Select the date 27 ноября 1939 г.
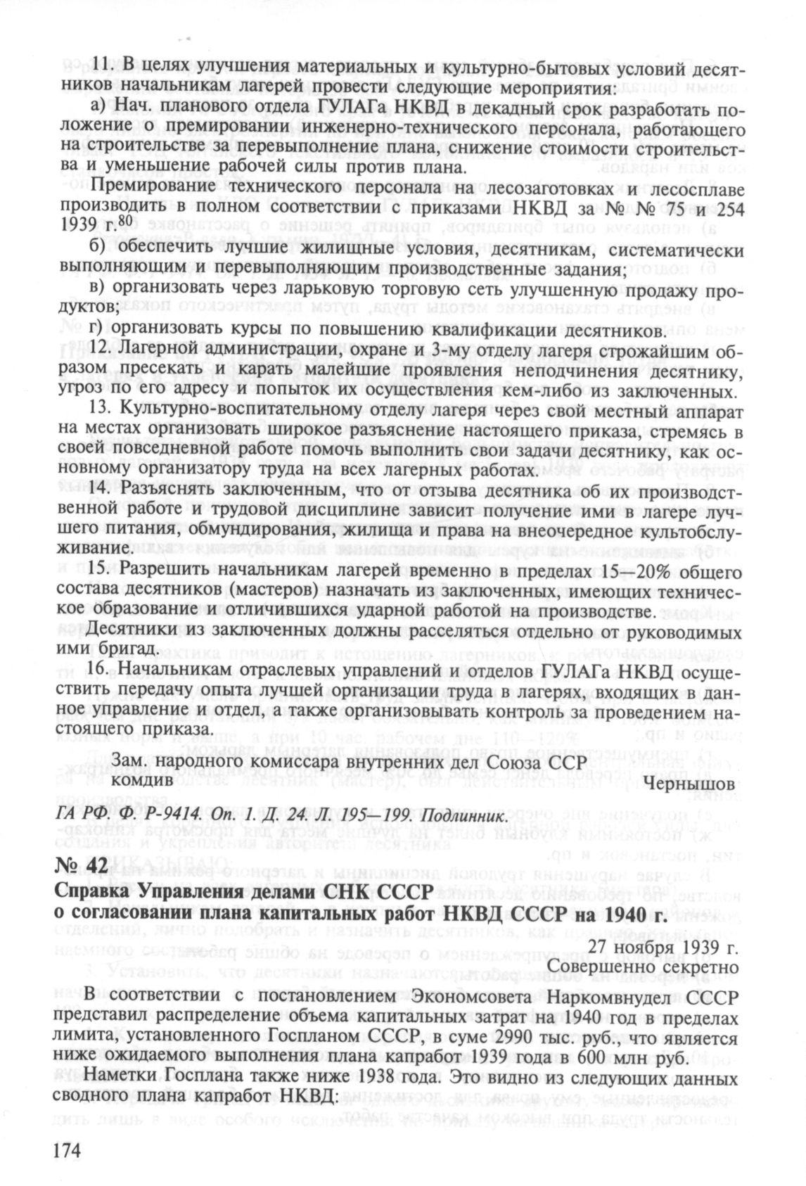pos(663,946)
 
